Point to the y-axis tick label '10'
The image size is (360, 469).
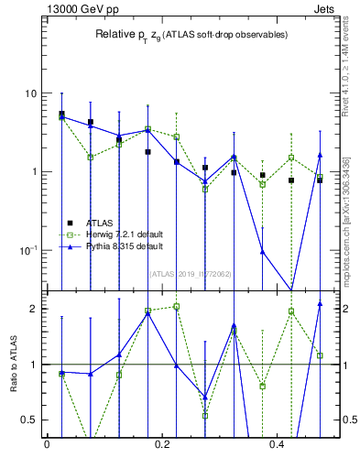tap(29, 93)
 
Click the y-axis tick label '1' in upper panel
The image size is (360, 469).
tap(33, 172)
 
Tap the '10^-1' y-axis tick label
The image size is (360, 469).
tap(27, 250)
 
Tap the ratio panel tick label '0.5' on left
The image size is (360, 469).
tap(28, 420)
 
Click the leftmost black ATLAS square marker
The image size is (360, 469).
tap(61, 115)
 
